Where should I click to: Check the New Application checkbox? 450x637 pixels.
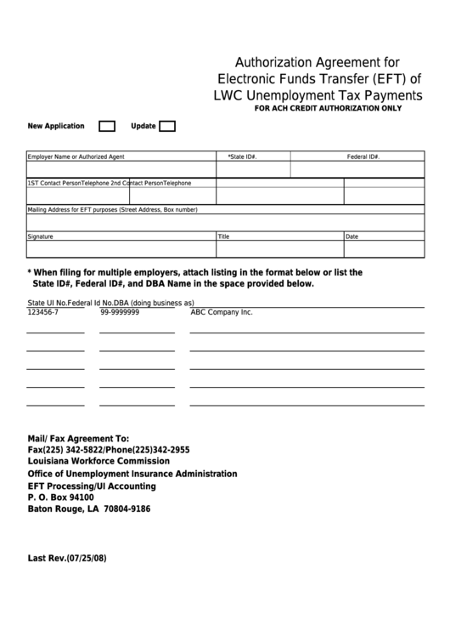(107, 127)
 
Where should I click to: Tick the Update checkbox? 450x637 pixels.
(167, 127)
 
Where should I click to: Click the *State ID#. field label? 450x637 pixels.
(243, 157)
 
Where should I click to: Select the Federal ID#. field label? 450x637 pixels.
(363, 157)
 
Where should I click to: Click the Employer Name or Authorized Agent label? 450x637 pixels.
(76, 157)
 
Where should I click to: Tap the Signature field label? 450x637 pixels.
(41, 236)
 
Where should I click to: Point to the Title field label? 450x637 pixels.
(224, 236)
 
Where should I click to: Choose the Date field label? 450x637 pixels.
(352, 236)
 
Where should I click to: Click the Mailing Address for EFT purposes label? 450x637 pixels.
(112, 209)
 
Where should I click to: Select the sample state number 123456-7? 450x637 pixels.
(43, 312)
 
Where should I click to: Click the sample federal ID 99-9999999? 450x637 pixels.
(120, 312)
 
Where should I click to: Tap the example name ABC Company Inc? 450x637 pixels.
(222, 312)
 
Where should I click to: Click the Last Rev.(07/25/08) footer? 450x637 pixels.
(68, 559)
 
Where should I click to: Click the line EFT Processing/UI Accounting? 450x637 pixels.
(92, 486)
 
